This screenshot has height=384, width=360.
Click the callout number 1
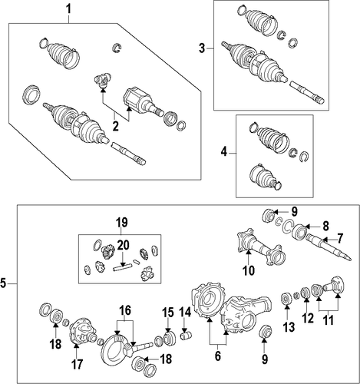[68, 10]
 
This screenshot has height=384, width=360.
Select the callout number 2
[115, 127]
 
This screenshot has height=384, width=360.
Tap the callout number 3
[202, 48]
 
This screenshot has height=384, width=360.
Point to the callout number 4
[224, 152]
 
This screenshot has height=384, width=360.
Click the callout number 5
[3, 283]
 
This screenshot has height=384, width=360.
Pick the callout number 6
[218, 356]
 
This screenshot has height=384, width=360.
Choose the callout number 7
[339, 238]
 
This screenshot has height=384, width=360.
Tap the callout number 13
[289, 327]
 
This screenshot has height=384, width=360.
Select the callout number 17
[77, 364]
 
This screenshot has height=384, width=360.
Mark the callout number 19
[121, 223]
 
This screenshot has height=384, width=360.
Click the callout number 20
[123, 245]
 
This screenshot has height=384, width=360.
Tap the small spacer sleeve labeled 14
[187, 336]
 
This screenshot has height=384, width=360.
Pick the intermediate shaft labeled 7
[329, 247]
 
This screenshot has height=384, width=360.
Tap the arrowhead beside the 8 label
[306, 227]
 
